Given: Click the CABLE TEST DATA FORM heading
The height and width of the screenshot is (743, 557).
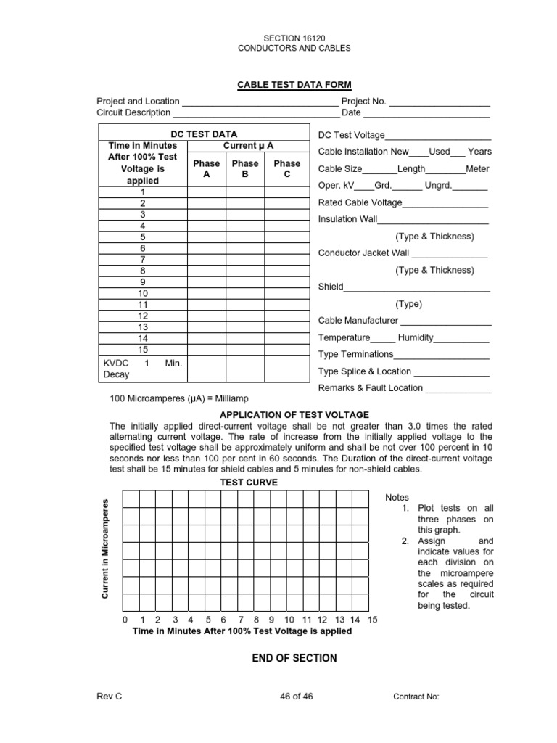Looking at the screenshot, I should pos(284,85).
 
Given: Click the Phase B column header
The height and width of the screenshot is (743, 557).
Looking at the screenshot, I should pos(244,169).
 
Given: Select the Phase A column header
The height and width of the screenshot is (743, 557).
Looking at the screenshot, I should pos(206,169).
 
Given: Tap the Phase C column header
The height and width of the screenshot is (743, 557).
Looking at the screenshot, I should pos(286,169).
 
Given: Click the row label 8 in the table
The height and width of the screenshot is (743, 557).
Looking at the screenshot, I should pos(143,271).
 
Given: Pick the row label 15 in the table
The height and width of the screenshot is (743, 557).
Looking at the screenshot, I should pos(143,349).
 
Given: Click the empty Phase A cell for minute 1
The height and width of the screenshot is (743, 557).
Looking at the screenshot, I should pos(206,192).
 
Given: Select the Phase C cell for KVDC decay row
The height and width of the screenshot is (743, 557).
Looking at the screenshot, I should pos(286,369).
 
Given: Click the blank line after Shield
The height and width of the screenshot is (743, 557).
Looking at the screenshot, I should pos(417,287).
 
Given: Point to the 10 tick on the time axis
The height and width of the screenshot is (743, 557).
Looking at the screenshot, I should pos(289,620).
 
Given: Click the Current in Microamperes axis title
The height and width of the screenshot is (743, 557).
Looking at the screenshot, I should pos(105,549).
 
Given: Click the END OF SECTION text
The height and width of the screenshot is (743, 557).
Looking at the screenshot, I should pos(284,658).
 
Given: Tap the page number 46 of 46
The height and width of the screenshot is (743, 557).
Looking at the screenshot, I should pos(296,697).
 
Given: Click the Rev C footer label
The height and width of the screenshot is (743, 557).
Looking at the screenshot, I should pos(110,697).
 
